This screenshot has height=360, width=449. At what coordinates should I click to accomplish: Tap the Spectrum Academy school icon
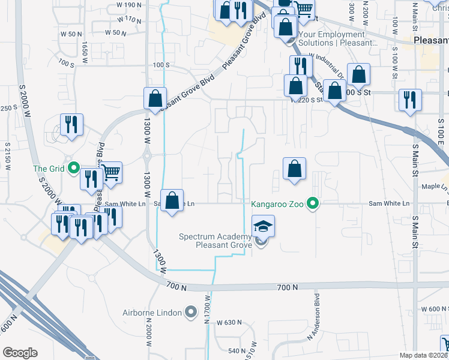(x=263, y=227)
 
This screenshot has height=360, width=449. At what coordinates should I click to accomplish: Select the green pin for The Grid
(x=74, y=169)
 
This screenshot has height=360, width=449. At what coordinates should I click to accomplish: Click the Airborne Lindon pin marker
(x=191, y=311)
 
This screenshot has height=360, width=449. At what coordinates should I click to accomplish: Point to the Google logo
(x=20, y=353)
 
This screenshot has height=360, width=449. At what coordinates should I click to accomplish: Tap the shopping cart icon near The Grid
(x=110, y=173)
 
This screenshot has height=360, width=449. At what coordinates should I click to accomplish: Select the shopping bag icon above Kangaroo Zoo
(x=294, y=169)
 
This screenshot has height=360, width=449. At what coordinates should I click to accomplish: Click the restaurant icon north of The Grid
(x=71, y=125)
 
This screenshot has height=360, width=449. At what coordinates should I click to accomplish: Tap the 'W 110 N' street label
(x=130, y=20)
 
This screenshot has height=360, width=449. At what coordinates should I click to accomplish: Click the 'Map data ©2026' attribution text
(x=423, y=355)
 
